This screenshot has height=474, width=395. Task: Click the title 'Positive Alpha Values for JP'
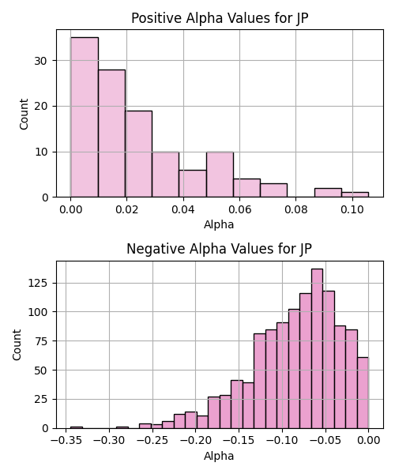coord(220,18)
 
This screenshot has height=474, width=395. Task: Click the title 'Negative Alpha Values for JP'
coord(219,249)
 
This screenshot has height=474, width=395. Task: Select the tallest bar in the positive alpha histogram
coord(85,117)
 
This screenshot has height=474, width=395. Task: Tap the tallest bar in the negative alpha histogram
coord(317,348)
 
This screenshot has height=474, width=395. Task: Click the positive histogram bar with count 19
coord(138,154)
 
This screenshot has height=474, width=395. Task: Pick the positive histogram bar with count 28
coord(111,134)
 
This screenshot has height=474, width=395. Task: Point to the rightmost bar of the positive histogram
coord(355,194)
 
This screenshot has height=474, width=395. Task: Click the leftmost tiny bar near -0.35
coord(77,427)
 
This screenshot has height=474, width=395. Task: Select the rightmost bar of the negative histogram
coord(363,393)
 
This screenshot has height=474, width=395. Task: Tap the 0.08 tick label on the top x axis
coord(296,209)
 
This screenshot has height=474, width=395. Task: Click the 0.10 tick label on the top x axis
coord(352,209)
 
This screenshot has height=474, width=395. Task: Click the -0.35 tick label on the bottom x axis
coord(66,441)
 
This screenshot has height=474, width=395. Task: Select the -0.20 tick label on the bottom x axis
coord(196,441)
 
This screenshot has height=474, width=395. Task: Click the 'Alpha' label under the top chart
coord(219,224)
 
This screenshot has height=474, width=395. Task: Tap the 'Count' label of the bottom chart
coord(17,344)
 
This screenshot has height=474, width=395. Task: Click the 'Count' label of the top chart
coord(24,114)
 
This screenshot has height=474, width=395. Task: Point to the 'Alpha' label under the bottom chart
coord(219,456)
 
